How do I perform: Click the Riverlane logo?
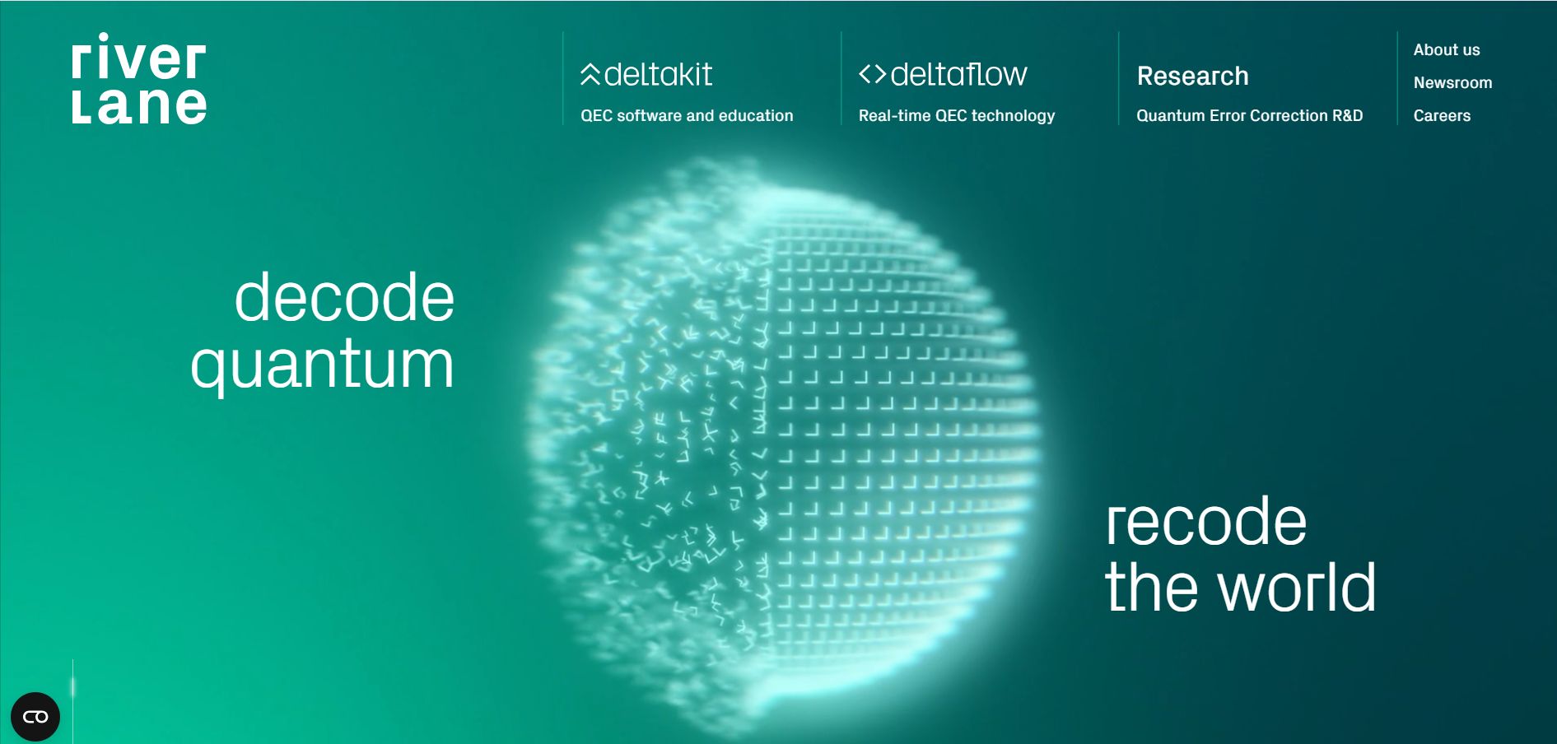139,79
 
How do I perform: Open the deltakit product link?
646,75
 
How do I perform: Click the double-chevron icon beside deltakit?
590,74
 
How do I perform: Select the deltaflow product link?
943,75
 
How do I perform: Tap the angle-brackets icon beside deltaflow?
872,74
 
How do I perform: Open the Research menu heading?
1192,76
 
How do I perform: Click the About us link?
1447,50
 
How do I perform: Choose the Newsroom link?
1452,83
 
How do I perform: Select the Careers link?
1442,116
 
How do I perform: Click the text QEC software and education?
687,116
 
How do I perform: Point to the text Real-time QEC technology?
957,116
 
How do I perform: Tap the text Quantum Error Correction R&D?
1250,116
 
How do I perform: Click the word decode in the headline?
344,297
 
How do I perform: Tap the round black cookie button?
35,717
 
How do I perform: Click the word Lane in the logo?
139,105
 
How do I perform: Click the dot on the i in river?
104,37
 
